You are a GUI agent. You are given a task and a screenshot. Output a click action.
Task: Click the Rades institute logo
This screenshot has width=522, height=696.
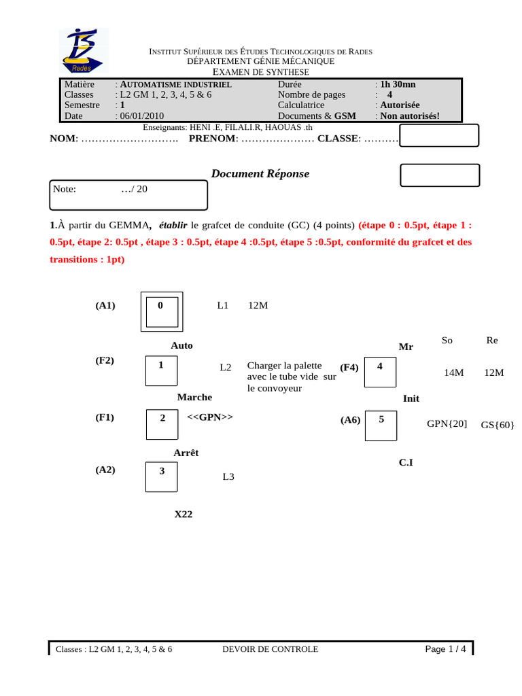tap(83, 51)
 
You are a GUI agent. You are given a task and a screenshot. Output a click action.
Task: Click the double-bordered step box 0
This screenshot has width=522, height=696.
tap(161, 311)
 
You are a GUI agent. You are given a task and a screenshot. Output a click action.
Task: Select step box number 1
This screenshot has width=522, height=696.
tap(161, 370)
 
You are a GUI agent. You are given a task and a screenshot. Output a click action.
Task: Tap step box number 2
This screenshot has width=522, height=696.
tap(162, 423)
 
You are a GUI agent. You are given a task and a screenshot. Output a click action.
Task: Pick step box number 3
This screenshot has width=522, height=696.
tap(161, 476)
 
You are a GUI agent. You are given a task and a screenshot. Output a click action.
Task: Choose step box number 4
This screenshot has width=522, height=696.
tap(380, 371)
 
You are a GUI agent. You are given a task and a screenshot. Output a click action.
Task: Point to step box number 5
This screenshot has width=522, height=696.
tap(381, 425)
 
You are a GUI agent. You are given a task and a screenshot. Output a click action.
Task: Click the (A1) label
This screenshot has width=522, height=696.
tap(105, 306)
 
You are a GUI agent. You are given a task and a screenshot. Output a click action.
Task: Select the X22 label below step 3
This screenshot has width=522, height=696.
tap(184, 515)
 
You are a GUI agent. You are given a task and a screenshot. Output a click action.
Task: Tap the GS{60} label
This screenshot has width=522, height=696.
tap(498, 425)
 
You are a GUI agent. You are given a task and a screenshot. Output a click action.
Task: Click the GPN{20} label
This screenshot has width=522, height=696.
tap(447, 423)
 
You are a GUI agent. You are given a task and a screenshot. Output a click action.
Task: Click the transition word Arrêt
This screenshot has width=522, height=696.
tap(186, 453)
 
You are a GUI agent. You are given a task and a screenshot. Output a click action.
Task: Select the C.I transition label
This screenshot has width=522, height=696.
tap(406, 463)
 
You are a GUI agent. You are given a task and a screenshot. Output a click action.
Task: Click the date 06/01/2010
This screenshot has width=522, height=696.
tap(141, 116)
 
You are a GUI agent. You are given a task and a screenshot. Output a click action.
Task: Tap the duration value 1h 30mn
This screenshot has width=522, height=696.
tap(398, 84)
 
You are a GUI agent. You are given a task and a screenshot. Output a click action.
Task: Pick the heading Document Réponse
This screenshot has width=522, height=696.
tap(260, 174)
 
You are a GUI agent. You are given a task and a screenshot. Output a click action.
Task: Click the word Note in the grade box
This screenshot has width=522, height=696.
tap(65, 189)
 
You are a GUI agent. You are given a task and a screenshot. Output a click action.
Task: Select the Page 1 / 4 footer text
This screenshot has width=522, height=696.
tap(445, 649)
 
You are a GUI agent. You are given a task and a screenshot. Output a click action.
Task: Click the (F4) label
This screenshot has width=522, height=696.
tap(349, 368)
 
